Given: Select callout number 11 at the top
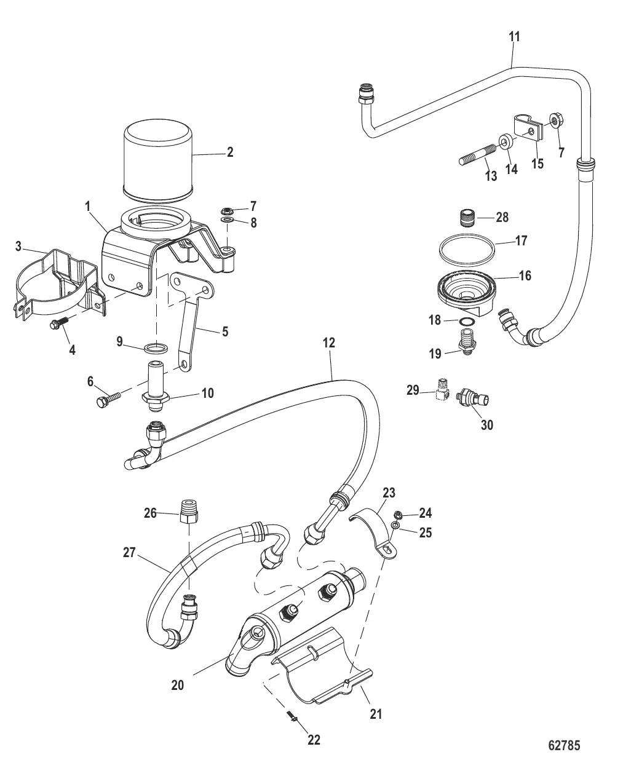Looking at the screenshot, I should [x=514, y=37].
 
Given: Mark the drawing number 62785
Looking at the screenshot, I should [x=564, y=746].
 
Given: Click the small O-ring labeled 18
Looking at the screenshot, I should [x=468, y=322].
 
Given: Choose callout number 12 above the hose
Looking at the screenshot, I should [x=329, y=343].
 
